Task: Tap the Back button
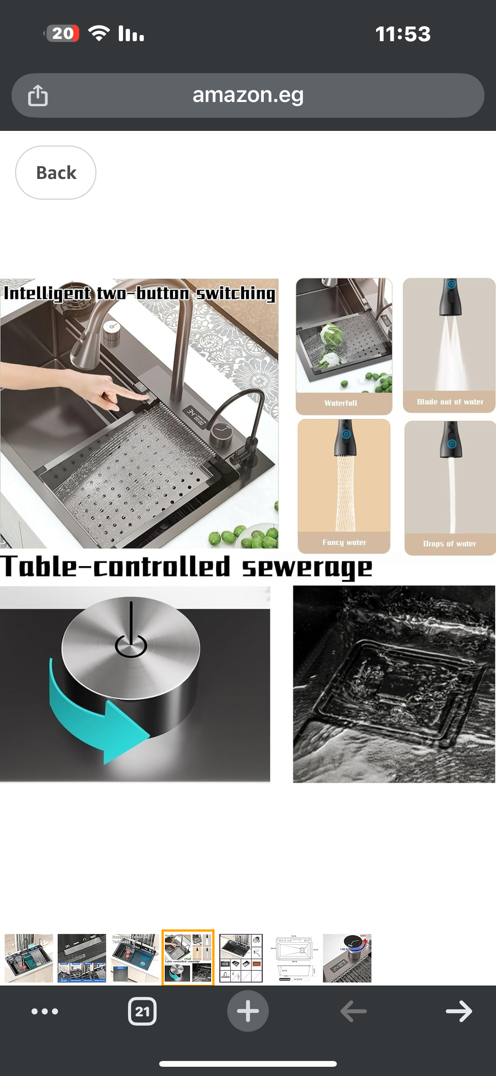(55, 172)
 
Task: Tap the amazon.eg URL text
(248, 95)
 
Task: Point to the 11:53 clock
(403, 34)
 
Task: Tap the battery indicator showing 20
(62, 33)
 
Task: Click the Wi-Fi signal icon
(99, 33)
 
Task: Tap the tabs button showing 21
(142, 1011)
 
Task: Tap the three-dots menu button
(45, 1011)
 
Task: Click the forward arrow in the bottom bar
(458, 1011)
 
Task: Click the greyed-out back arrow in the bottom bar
(353, 1011)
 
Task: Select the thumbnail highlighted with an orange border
(188, 958)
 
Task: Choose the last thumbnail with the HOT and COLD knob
(347, 958)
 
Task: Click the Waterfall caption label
(341, 403)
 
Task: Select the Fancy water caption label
(344, 542)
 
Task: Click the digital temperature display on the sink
(196, 416)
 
